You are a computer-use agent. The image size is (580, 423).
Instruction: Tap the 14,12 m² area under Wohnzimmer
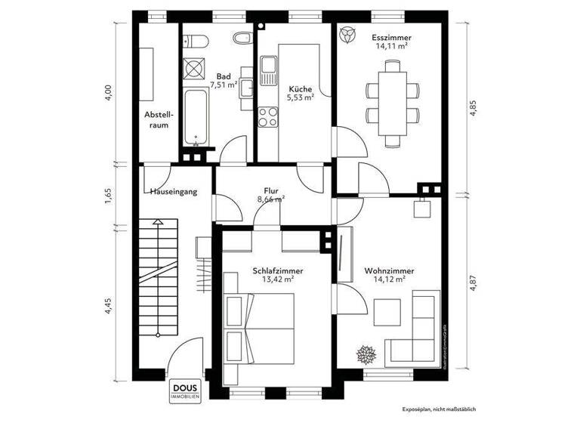[x=389, y=279]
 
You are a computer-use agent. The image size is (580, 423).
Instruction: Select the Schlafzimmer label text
[x=267, y=270]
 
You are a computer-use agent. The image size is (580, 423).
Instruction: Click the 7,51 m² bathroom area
[x=224, y=85]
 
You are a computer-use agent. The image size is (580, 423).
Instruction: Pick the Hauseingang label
[x=174, y=192]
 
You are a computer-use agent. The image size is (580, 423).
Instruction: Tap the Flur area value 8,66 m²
[x=271, y=200]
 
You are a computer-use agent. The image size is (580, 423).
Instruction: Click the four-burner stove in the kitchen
[x=268, y=117]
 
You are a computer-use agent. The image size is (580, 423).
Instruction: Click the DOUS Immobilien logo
[x=165, y=384]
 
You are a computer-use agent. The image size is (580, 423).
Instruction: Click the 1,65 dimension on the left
[x=108, y=194]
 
